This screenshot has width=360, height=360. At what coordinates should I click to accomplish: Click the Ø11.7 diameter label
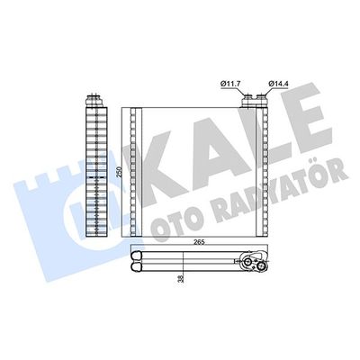pyautogui.click(x=228, y=85)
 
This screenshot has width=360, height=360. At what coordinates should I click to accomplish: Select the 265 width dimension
pyautogui.click(x=199, y=240)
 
